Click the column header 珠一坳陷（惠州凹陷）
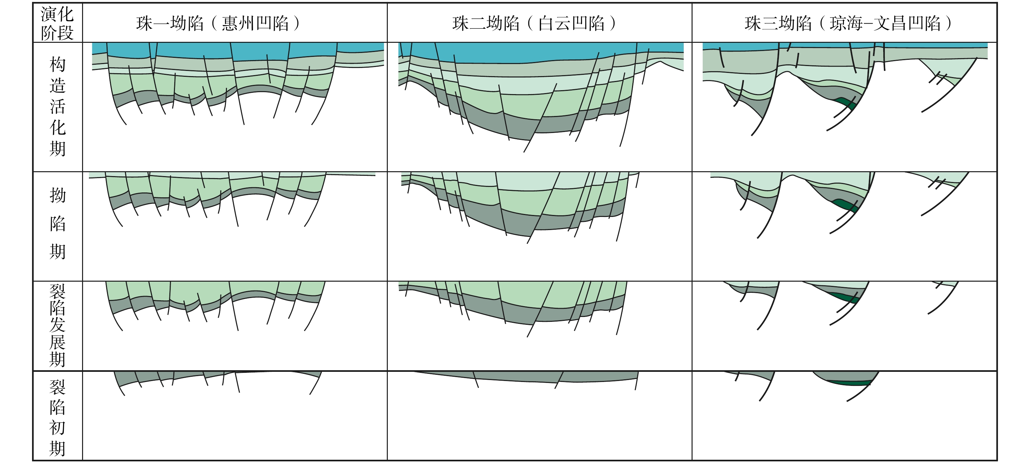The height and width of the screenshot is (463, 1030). click(218, 23)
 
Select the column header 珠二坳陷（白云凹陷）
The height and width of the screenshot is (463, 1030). click(534, 23)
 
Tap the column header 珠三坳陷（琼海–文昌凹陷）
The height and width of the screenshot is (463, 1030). click(848, 23)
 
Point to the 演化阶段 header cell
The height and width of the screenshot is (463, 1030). click(57, 23)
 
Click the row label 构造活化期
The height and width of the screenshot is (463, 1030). click(57, 107)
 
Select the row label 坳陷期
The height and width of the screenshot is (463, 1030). click(57, 224)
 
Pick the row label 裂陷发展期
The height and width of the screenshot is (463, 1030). click(57, 325)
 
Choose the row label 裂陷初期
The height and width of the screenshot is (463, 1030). click(57, 418)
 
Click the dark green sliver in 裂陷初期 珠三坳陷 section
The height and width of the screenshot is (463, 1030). click(850, 383)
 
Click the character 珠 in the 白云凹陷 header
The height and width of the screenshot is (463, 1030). click(460, 23)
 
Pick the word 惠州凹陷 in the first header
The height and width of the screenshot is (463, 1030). click(255, 23)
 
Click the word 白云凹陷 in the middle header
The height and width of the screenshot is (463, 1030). click(571, 23)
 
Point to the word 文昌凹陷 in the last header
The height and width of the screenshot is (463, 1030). click(907, 23)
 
